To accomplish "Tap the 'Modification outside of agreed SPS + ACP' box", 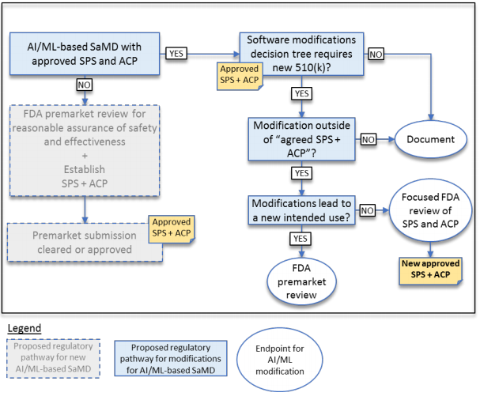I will point(302,139).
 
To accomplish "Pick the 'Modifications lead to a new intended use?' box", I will point(302,209).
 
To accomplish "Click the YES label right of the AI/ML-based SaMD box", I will point(176,54).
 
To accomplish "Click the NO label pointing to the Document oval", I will point(368,139).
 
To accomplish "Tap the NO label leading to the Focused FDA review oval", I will point(368,210).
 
